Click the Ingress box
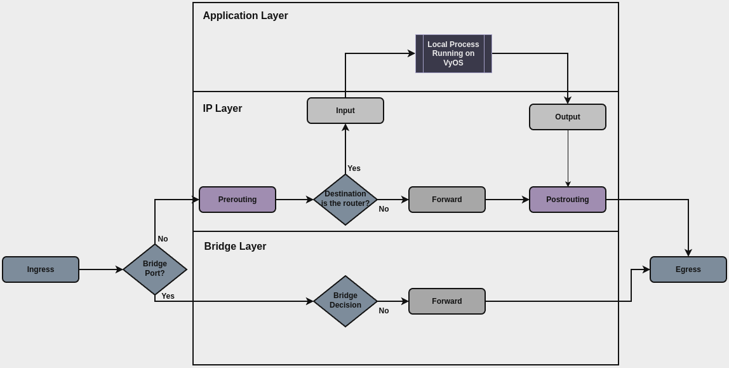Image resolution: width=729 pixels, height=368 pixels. coord(41,269)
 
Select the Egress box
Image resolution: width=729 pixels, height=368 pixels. coord(688,269)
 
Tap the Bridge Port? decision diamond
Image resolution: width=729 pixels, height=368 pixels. coord(155,269)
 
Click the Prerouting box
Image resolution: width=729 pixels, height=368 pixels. coord(237,200)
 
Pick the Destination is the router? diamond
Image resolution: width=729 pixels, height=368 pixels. coord(345,200)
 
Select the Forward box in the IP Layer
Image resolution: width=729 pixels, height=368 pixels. coord(447,200)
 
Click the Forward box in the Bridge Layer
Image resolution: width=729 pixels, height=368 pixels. coord(447,301)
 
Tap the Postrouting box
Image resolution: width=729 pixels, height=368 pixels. coord(568,200)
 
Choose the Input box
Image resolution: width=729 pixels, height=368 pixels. coord(345,111)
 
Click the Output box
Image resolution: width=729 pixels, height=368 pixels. coord(568,117)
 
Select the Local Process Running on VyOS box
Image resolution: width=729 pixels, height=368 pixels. coord(453,53)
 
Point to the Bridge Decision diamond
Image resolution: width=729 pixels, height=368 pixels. coord(345,301)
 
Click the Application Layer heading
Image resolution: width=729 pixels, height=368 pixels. coord(245,16)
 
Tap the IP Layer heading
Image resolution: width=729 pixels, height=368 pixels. coord(222,109)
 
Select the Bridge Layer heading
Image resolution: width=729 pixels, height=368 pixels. coord(235,247)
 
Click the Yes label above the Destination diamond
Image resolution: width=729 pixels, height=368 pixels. coord(354,168)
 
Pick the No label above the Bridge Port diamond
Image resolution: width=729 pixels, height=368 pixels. coord(163,239)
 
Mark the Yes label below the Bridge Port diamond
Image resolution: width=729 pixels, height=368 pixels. coord(168,296)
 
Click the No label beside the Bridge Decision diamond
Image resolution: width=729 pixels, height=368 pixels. coord(384,311)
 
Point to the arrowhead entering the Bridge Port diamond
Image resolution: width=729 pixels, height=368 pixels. coord(119,269)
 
